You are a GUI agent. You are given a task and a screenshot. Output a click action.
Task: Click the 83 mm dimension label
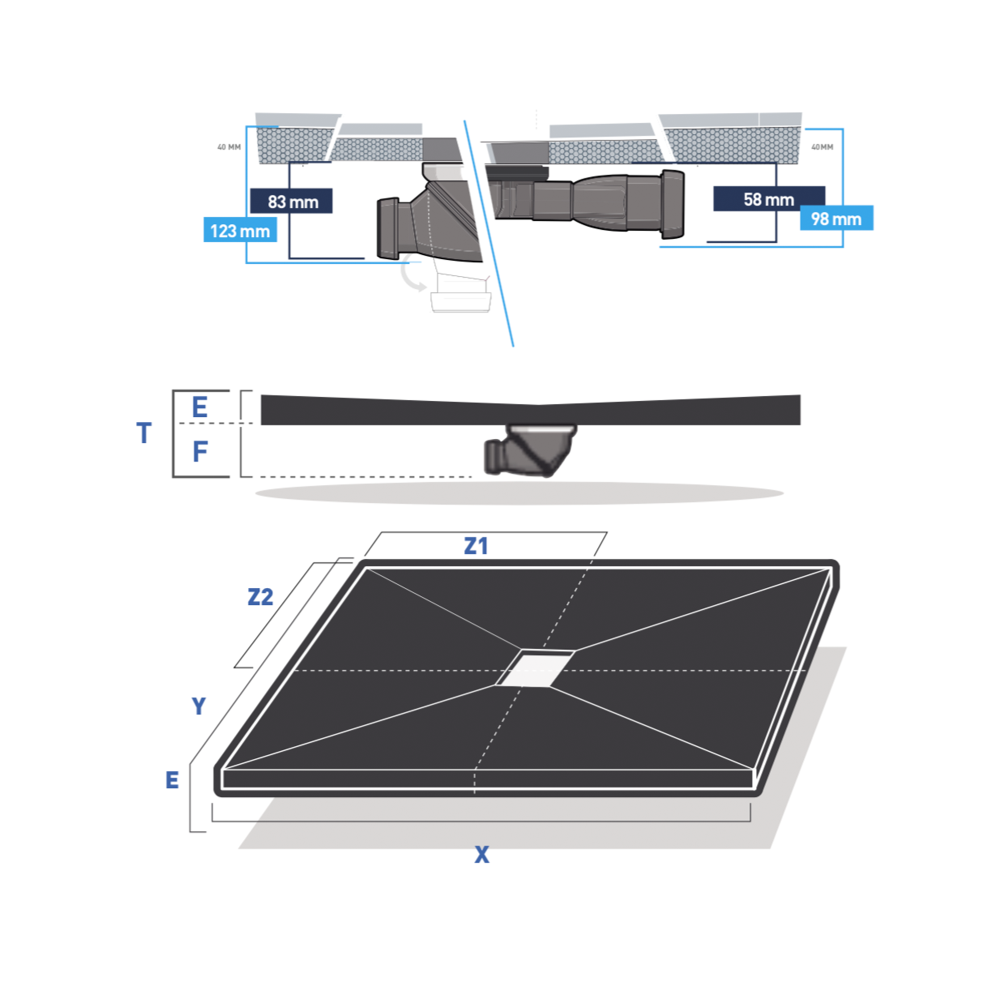coord(293,202)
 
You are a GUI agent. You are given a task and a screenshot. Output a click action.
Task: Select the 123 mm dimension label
coord(240,231)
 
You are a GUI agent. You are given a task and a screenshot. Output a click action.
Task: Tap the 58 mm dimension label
coord(768,200)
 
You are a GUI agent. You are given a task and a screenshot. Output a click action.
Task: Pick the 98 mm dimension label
coord(836,219)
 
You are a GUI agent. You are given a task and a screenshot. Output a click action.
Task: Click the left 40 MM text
coord(229,147)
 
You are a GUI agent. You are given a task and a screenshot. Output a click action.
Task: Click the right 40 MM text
coord(822,147)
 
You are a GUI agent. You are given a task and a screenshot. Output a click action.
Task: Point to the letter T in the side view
coord(144,433)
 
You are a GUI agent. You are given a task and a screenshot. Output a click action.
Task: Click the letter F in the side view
coord(201,451)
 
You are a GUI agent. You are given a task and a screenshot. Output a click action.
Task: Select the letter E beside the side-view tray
coord(200,407)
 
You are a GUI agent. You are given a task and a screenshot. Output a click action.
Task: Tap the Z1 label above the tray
coord(475,546)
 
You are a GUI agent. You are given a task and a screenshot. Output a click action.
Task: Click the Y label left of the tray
coord(199,706)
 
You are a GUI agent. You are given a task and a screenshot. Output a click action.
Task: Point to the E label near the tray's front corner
coord(172,780)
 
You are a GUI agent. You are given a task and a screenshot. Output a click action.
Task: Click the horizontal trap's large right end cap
coord(673,204)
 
